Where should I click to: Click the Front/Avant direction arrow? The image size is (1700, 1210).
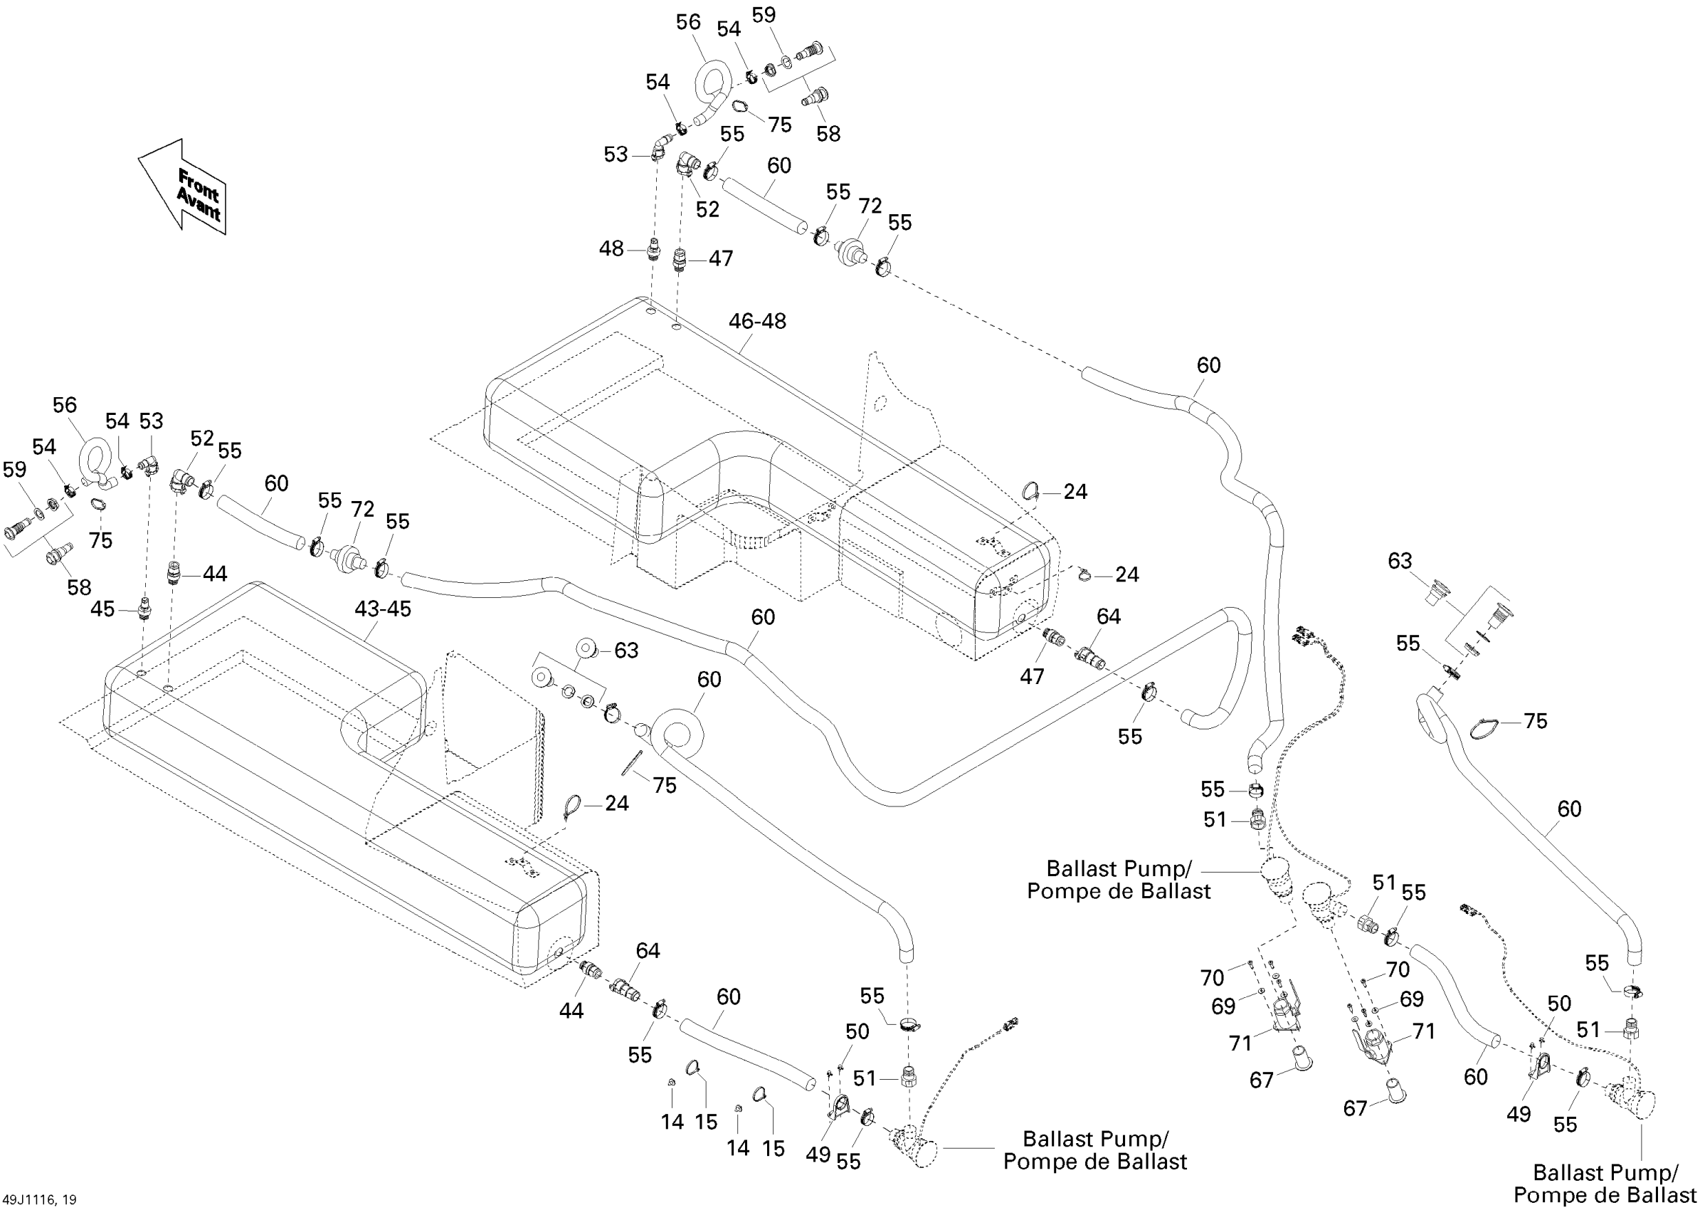click(x=182, y=186)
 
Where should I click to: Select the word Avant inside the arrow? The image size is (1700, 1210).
click(x=197, y=204)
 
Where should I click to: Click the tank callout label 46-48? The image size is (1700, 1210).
click(x=757, y=321)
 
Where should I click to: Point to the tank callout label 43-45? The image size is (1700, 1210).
click(x=382, y=609)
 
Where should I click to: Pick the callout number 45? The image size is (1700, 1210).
click(x=102, y=609)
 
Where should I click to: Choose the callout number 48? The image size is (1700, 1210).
click(x=611, y=249)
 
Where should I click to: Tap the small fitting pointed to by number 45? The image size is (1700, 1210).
click(x=143, y=606)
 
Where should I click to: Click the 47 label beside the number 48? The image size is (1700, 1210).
click(x=720, y=258)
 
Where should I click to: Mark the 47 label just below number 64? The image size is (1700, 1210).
click(x=1032, y=676)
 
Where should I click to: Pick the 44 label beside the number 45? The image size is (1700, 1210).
click(x=215, y=574)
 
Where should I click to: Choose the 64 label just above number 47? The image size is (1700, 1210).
click(x=1109, y=616)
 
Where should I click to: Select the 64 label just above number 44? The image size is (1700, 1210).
click(x=648, y=951)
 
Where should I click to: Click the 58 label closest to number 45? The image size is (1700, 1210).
click(x=79, y=587)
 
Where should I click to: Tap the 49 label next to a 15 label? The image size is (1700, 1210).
click(x=818, y=1154)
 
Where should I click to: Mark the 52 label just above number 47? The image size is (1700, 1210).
click(x=707, y=210)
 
